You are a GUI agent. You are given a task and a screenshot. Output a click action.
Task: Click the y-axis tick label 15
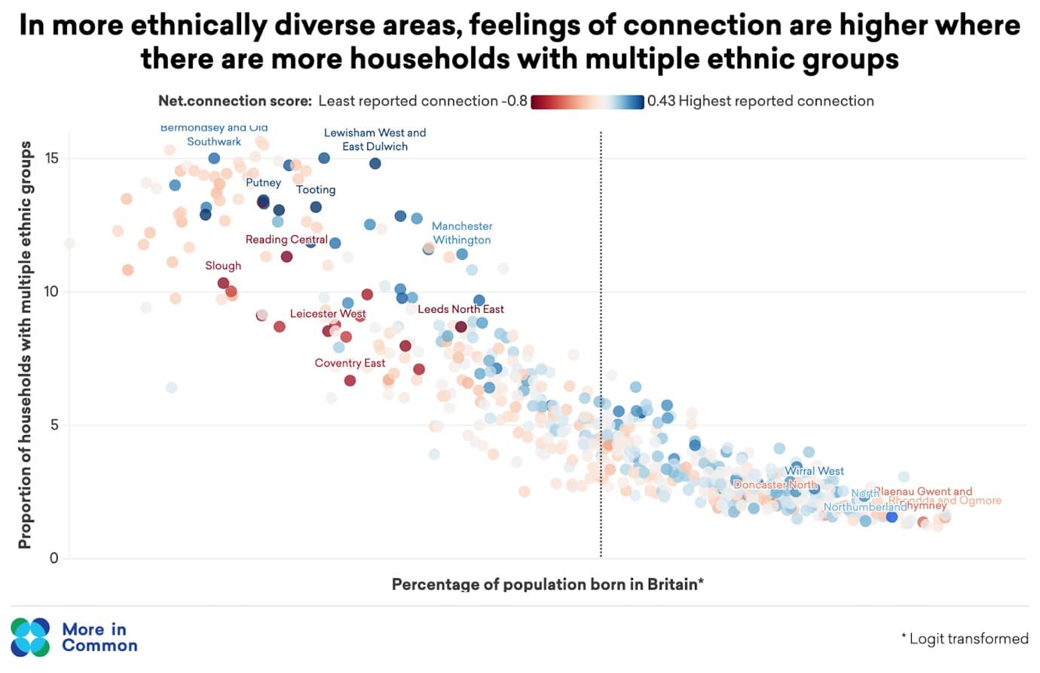tap(51, 158)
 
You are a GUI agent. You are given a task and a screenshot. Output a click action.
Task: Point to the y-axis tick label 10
tap(51, 292)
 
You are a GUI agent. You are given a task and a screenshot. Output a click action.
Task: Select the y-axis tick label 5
tap(54, 425)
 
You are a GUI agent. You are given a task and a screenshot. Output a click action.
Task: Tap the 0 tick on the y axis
tap(54, 558)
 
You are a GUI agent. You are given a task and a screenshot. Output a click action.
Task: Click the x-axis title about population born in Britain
tap(547, 584)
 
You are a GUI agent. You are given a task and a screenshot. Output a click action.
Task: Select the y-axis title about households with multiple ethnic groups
tap(25, 344)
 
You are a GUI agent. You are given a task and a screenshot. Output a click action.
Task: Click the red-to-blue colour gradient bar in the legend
tap(587, 102)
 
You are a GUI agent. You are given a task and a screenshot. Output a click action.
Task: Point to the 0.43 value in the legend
tap(661, 101)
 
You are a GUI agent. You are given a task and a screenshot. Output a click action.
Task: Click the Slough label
tap(223, 266)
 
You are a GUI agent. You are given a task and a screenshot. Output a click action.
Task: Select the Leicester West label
tap(328, 314)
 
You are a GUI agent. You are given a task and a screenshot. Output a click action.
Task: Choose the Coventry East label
tap(350, 363)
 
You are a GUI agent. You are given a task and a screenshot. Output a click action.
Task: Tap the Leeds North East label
tap(460, 309)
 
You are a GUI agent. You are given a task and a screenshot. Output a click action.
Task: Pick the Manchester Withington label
tap(462, 233)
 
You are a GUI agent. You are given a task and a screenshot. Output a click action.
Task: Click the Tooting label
tap(316, 190)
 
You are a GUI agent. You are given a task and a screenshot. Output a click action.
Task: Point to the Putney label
tap(263, 182)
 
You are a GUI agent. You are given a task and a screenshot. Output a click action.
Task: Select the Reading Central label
tap(286, 240)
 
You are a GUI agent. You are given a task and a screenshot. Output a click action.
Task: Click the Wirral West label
tap(814, 471)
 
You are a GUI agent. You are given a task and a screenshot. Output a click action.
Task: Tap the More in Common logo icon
tap(31, 637)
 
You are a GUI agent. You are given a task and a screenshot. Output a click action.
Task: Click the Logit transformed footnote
tap(965, 639)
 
